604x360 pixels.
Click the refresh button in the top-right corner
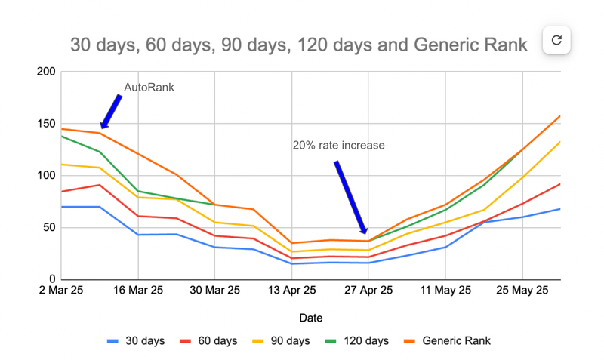pyautogui.click(x=556, y=40)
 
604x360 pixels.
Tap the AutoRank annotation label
pyautogui.click(x=149, y=88)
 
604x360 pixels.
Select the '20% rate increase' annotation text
pyautogui.click(x=338, y=145)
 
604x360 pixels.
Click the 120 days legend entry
pyautogui.click(x=360, y=341)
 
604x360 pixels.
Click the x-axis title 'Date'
pyautogui.click(x=310, y=318)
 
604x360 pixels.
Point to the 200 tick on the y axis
pyautogui.click(x=46, y=72)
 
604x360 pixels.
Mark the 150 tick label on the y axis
pyautogui.click(x=46, y=125)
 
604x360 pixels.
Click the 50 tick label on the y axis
pyautogui.click(x=49, y=228)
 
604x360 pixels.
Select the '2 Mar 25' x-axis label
pyautogui.click(x=62, y=291)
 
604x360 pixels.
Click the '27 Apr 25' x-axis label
pyautogui.click(x=368, y=291)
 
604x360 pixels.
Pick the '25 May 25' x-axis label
pyautogui.click(x=522, y=291)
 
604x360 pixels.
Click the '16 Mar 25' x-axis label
pyautogui.click(x=138, y=291)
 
